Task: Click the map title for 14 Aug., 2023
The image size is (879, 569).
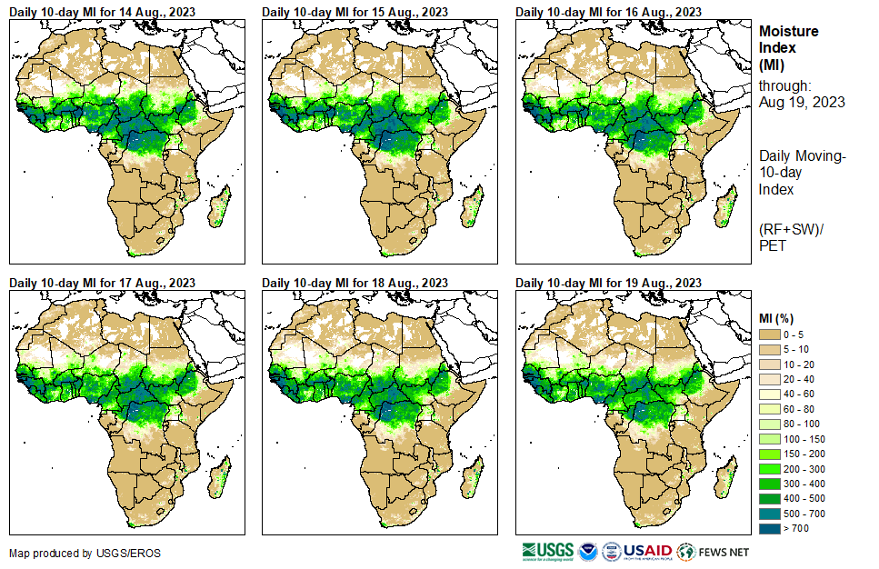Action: [102, 12]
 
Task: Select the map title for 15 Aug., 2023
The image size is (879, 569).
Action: [355, 12]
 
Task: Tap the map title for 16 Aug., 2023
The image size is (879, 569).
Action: [608, 12]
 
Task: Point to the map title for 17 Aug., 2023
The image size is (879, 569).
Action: [102, 283]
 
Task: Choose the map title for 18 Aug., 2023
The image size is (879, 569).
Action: [355, 283]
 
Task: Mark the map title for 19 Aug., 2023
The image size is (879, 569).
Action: [608, 283]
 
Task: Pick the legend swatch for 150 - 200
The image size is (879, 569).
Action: [770, 453]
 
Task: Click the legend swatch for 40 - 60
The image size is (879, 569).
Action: [770, 394]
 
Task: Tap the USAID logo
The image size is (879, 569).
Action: [648, 551]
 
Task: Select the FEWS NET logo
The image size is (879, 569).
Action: [714, 551]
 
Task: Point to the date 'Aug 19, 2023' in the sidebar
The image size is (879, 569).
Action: [802, 103]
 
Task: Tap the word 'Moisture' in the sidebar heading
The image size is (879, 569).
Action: [788, 31]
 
